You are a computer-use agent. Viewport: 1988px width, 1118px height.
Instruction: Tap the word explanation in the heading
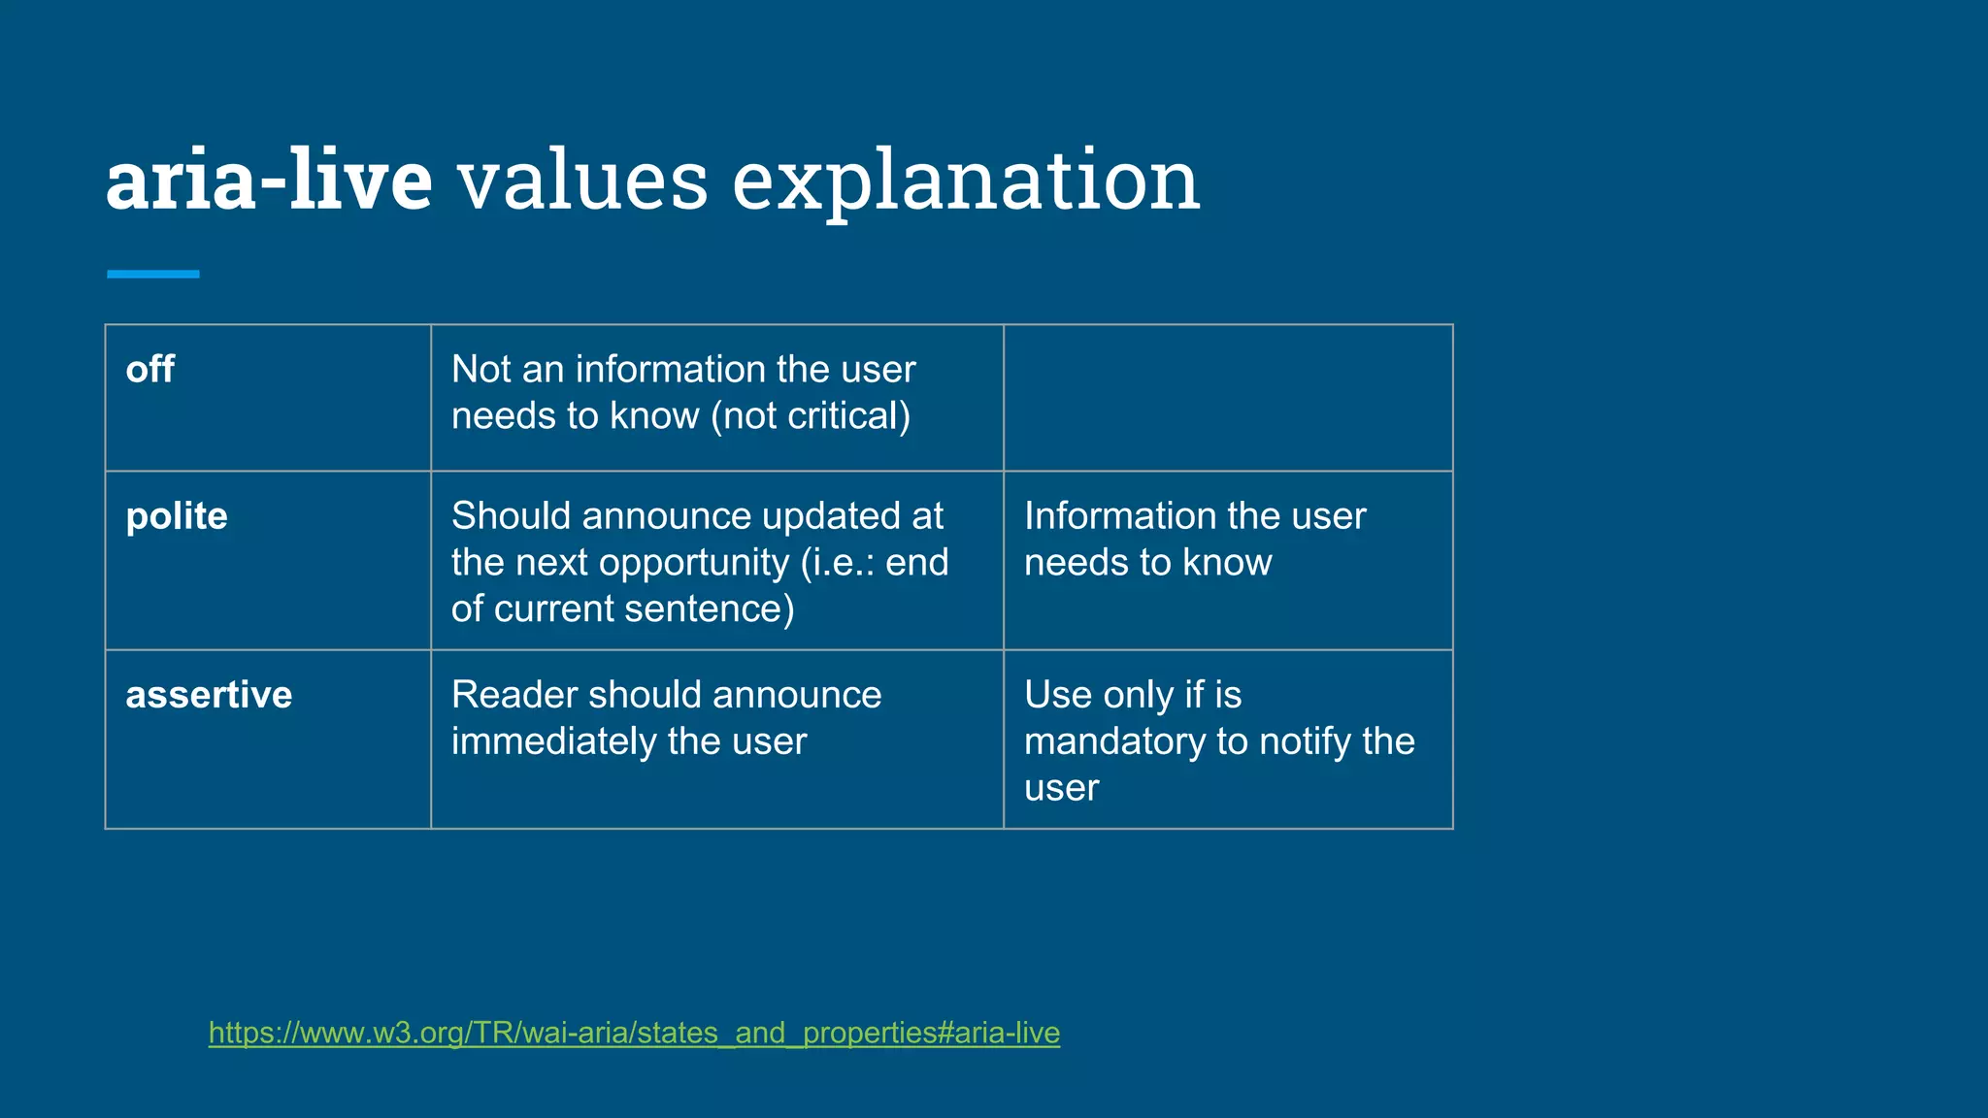point(966,181)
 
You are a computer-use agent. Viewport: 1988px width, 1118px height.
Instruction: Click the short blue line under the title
point(152,275)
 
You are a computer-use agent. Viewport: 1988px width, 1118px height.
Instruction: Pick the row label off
point(149,370)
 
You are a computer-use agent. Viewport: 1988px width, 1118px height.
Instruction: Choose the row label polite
point(177,516)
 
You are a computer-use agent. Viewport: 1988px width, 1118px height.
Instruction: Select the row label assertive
point(209,695)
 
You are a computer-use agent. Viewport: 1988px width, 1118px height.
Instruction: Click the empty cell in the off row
point(1227,398)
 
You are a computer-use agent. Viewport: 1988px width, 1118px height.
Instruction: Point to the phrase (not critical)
point(811,416)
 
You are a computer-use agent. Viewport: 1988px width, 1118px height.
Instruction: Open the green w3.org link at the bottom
point(634,1033)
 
